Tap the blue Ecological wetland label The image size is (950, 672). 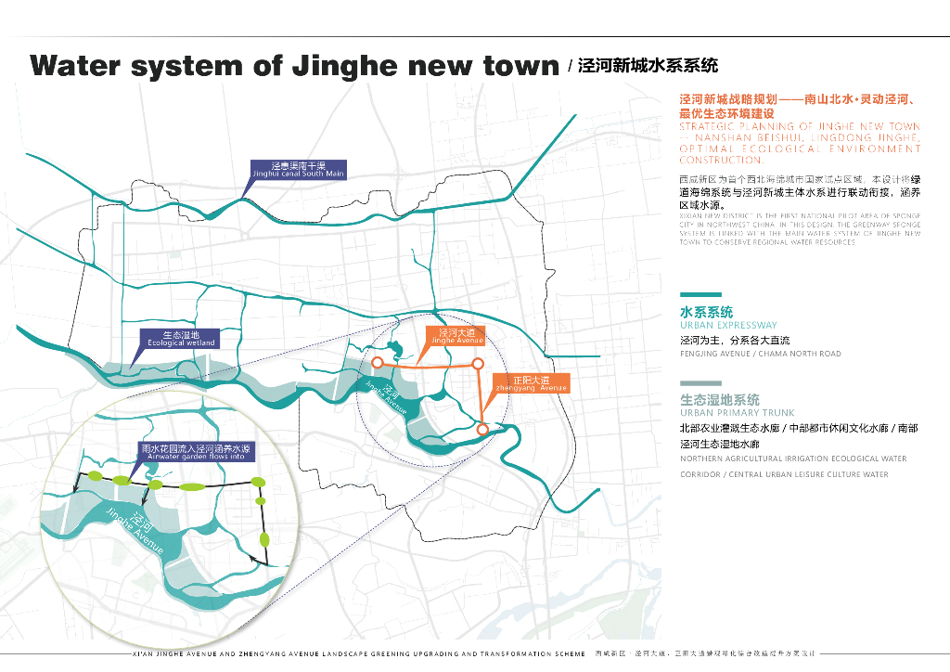(x=181, y=338)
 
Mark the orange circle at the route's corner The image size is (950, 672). (x=478, y=364)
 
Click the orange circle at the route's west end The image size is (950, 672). (x=378, y=363)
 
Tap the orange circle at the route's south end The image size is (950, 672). (x=482, y=429)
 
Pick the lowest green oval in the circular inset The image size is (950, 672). (x=264, y=539)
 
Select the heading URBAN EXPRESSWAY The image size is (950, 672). (x=728, y=326)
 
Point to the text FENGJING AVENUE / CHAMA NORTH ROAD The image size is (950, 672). (x=760, y=354)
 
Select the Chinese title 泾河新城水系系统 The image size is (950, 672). (x=648, y=67)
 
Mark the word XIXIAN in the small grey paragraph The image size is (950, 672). (x=692, y=216)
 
